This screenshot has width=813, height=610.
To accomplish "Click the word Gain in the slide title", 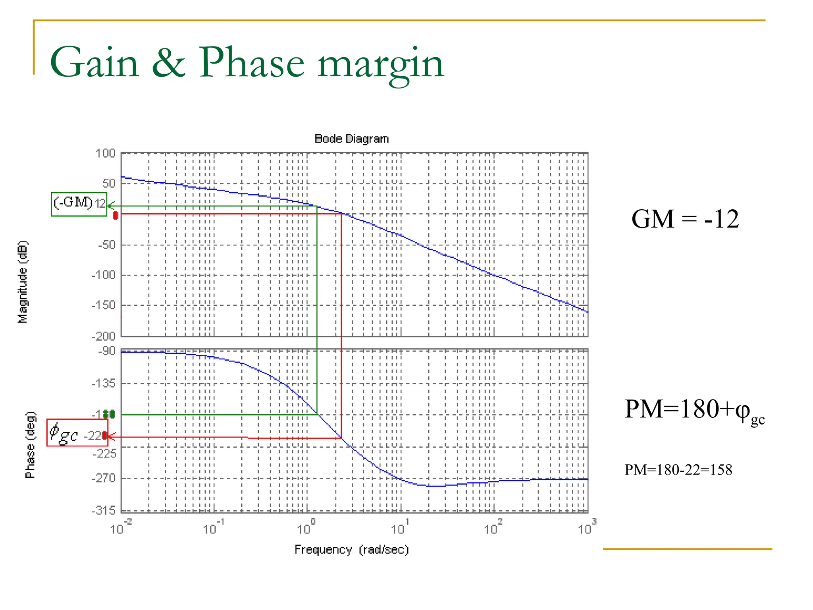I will point(94,63).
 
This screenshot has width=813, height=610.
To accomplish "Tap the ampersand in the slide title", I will point(169,63).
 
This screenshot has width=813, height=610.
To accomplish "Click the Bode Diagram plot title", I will point(351,139).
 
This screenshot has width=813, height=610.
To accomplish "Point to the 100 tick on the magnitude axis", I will point(105,153).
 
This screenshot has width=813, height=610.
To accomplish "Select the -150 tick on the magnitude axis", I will point(103,305).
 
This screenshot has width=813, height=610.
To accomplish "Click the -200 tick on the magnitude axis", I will point(103,336).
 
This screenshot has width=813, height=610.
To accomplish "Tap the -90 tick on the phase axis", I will point(106,351).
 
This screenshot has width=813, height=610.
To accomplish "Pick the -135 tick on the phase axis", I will point(103,384).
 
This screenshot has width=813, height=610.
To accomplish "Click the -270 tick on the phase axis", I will point(103,478).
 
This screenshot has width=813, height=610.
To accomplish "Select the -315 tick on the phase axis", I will point(103,510).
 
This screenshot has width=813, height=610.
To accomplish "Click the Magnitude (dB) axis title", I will point(23,282).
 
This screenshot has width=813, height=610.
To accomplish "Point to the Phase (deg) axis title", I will point(30,445).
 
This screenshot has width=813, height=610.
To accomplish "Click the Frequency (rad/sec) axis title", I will point(351,550).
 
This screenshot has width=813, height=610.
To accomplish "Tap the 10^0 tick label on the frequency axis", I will point(306,528).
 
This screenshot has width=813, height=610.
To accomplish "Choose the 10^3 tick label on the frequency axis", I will point(586,528).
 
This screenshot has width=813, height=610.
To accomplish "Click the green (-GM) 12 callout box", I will point(79,204).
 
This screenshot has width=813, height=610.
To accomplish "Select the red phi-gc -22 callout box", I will point(77,433).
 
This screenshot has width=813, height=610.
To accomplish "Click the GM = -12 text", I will point(685,219).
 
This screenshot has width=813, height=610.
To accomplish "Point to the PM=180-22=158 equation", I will point(678,470).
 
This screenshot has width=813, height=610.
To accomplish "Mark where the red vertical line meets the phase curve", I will point(341,438).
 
